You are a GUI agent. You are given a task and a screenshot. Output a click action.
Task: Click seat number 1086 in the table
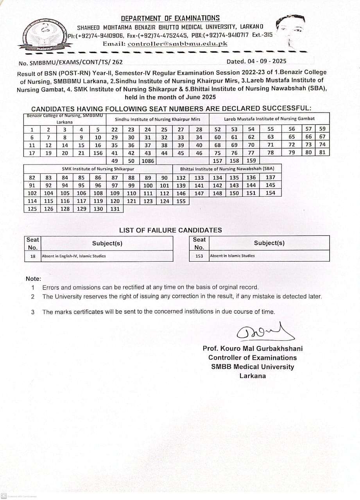148,161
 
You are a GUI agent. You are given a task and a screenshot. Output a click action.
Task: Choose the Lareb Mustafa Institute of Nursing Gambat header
269,119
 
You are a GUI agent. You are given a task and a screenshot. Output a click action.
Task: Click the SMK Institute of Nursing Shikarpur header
98,169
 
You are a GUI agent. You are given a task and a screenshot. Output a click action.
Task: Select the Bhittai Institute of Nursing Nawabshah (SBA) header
227,169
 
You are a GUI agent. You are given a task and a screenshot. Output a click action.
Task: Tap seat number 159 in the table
251,161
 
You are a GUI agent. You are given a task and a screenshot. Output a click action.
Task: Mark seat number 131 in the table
115,209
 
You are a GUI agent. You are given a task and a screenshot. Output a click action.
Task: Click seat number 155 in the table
181,201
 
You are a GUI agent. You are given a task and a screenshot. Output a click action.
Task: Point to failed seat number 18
33,256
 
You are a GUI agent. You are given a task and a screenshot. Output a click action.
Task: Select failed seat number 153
199,256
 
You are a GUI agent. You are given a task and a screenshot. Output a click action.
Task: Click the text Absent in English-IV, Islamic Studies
74,256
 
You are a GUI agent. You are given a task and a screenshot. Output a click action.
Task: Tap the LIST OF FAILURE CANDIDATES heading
170,230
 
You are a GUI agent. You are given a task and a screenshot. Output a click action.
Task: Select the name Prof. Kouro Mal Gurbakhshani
253,348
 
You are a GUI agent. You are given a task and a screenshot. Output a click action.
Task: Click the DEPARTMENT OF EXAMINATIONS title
170,18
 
